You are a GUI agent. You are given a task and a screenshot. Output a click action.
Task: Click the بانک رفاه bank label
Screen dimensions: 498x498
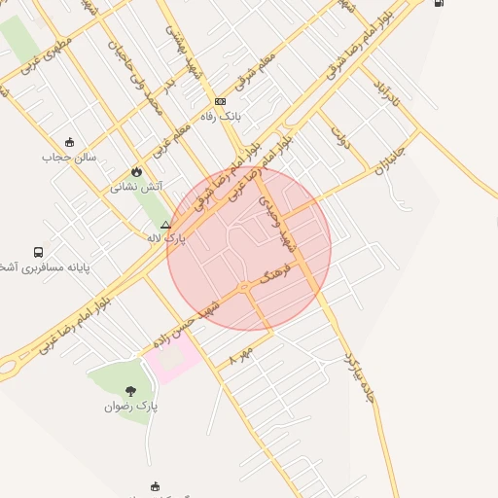pyautogui.click(x=220, y=116)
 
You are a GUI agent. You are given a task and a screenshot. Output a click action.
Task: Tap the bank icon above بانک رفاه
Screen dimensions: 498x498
pyautogui.click(x=220, y=101)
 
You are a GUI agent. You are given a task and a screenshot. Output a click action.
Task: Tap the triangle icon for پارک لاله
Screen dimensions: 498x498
pyautogui.click(x=165, y=224)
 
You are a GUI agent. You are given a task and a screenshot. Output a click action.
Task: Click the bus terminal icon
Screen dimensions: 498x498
pyautogui.click(x=38, y=251)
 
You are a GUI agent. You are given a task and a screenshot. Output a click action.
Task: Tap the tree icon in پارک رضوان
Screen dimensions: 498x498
pyautogui.click(x=131, y=390)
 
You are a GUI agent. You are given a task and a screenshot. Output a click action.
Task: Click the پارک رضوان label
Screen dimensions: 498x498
pyautogui.click(x=131, y=406)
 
